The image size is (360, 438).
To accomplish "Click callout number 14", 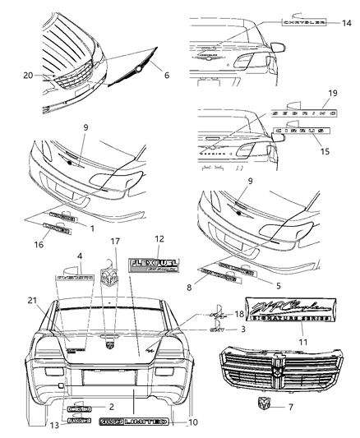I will click(x=346, y=24).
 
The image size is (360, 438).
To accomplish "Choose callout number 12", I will click(x=159, y=238).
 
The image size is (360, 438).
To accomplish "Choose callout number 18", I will click(x=239, y=314).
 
